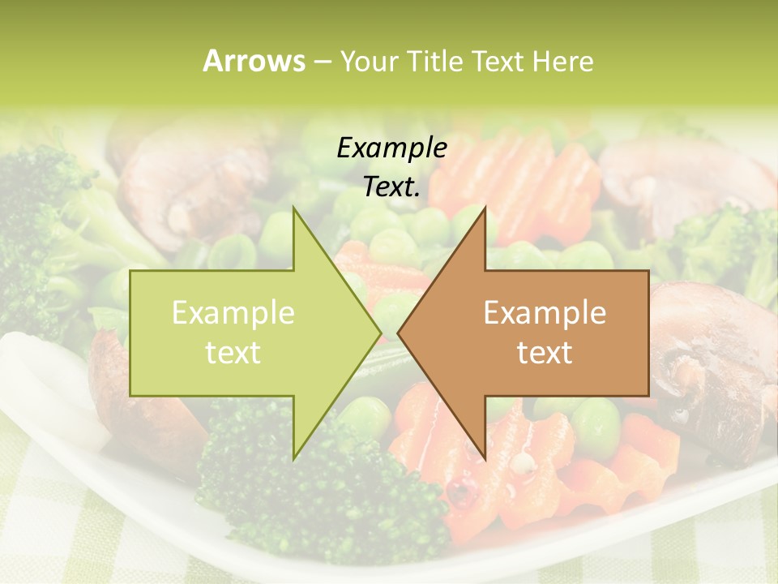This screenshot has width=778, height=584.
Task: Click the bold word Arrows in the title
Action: pos(254,61)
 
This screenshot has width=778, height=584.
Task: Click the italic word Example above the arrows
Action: pos(392,148)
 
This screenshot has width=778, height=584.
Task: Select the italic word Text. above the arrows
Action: pos(392,187)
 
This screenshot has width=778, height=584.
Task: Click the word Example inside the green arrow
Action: pos(233,312)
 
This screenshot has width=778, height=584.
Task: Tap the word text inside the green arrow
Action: pos(233,352)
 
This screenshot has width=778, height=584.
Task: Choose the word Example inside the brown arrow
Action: pos(545,312)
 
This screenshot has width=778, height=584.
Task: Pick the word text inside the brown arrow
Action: pos(545,352)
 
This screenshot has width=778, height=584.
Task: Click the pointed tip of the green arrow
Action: pos(380,333)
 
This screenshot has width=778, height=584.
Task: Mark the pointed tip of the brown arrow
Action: pos(399,333)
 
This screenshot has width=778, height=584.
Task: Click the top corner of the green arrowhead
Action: pos(294,208)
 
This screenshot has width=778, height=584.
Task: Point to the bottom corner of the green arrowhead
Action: pos(294,458)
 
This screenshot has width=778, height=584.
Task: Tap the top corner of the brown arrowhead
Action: pos(485,208)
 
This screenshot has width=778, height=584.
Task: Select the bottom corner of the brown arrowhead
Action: pos(485,458)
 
